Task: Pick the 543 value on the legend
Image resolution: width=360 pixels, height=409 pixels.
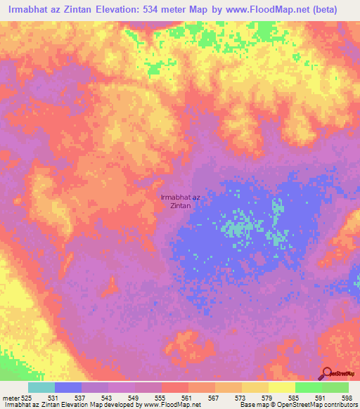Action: click(x=105, y=398)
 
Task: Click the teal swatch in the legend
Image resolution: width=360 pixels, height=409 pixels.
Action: click(x=41, y=387)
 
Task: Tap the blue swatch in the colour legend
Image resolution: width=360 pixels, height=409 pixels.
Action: click(x=68, y=387)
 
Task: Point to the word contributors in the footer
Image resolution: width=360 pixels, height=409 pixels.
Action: click(x=340, y=405)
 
